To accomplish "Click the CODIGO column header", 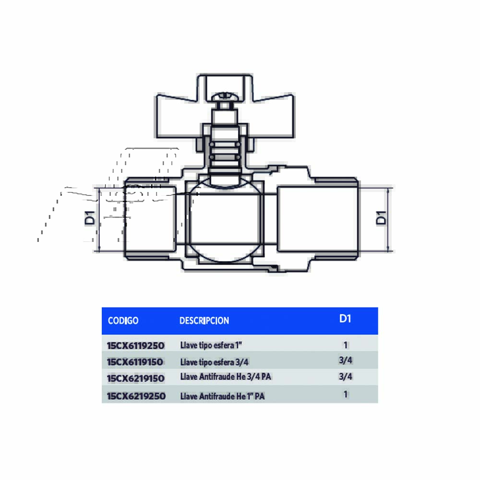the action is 123,321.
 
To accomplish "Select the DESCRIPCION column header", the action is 204,321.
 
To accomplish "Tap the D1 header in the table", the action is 345,319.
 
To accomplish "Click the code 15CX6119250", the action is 136,346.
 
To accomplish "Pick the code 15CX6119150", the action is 135,362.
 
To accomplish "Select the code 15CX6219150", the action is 136,378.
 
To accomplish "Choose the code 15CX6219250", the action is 136,396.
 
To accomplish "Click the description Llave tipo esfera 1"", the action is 211,345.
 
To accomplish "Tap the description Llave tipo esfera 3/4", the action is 214,362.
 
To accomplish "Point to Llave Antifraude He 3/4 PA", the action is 226,376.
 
